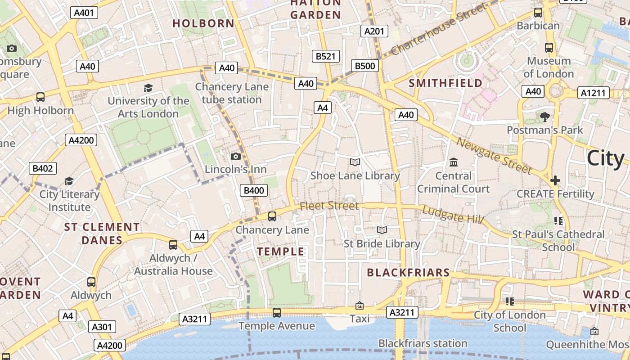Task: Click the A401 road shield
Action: (x=84, y=13)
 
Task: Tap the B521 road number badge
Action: (x=326, y=56)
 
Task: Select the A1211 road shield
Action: (x=594, y=93)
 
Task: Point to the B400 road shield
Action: (x=254, y=190)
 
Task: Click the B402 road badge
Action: (x=43, y=169)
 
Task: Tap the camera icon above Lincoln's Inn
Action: (x=235, y=156)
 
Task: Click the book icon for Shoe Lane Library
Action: (x=355, y=162)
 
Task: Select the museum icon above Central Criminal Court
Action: (x=454, y=162)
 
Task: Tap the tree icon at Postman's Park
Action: (x=545, y=117)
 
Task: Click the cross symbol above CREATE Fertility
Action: (x=555, y=180)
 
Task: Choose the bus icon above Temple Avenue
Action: (x=277, y=312)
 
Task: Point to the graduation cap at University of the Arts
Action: (x=148, y=87)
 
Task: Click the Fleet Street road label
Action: (x=329, y=206)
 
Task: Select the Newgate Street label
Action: (x=494, y=155)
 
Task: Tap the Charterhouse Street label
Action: (x=439, y=29)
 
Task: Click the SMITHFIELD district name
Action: (x=445, y=83)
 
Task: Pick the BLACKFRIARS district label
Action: (x=408, y=272)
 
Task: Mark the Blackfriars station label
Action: (x=423, y=343)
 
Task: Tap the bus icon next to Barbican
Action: (x=538, y=13)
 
